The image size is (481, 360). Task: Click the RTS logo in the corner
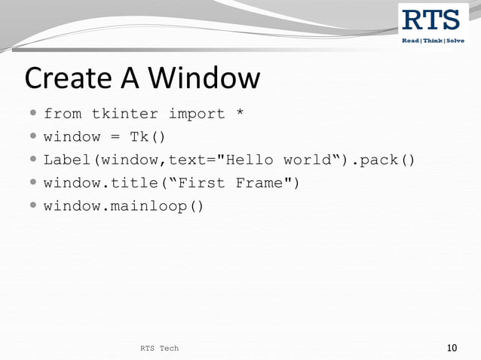tap(432, 20)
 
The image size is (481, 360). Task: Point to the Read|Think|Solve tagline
tap(432, 40)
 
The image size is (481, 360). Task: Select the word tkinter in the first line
tap(124, 114)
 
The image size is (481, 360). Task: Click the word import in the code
tap(196, 114)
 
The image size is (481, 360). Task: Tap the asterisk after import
tap(240, 114)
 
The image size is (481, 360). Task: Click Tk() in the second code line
tap(148, 137)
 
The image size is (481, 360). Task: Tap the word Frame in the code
tap(259, 183)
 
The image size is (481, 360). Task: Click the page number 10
tap(452, 348)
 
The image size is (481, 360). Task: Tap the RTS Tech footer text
tap(160, 348)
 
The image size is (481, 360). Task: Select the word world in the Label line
tap(307, 160)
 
